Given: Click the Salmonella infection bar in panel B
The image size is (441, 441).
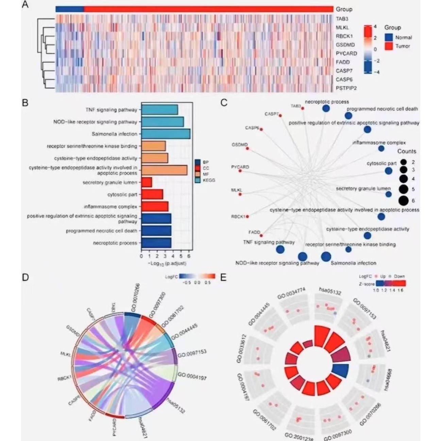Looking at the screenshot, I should [x=166, y=134].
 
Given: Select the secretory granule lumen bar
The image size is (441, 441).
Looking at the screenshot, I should [x=147, y=183].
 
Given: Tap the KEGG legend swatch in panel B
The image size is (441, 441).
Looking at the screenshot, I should [x=198, y=180].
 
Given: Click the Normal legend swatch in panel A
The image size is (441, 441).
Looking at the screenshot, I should [x=389, y=37].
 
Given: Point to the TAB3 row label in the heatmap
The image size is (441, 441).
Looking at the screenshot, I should [x=342, y=19].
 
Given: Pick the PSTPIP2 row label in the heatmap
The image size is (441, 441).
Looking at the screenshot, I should [x=346, y=88].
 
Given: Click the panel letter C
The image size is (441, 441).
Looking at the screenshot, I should [x=224, y=102].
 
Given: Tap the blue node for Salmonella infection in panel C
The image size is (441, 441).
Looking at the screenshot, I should [x=325, y=256].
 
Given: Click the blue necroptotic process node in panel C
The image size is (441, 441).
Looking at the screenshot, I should [x=326, y=108].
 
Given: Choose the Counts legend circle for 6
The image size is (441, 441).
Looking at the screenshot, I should [x=403, y=201].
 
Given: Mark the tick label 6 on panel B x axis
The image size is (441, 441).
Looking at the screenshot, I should [x=189, y=256].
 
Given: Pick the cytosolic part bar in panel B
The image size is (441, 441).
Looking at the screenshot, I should [x=152, y=194].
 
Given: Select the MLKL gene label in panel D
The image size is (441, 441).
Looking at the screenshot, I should [x=65, y=354].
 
